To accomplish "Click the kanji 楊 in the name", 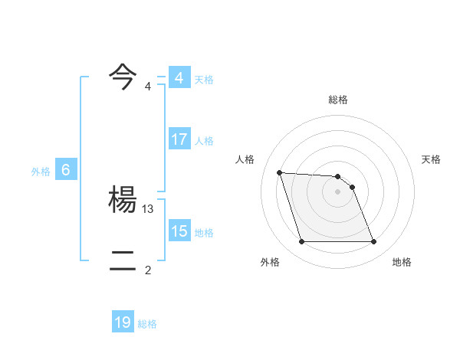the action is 123,201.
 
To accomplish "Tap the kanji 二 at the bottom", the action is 123,262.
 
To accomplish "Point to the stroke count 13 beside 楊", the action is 149,208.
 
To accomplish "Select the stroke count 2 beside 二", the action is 148,270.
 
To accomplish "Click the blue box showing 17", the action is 179,139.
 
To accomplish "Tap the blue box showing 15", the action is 179,231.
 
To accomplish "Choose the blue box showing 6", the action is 66,170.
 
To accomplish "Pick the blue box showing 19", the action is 123,322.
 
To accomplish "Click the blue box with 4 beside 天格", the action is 179,78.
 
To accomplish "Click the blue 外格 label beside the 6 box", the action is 41,172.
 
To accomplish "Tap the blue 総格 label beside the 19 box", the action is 147,324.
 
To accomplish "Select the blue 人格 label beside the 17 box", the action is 204,141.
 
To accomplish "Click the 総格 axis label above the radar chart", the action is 338,100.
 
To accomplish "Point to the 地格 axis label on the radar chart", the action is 402,262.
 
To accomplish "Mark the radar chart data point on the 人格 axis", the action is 279,172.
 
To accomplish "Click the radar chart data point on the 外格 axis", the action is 301,242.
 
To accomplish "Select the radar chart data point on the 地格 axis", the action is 374,242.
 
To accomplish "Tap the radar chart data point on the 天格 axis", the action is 352,187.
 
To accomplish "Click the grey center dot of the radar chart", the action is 338,191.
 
